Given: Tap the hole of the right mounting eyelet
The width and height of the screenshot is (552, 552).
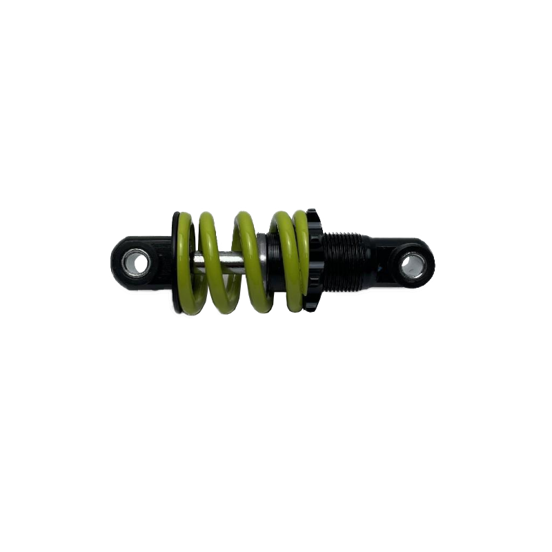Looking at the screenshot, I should point(413,264).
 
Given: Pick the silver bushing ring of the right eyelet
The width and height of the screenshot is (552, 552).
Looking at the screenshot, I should point(406,264).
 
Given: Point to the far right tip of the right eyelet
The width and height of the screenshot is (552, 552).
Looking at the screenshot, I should point(437,264).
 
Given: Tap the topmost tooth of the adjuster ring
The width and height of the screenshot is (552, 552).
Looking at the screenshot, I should point(312,210).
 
